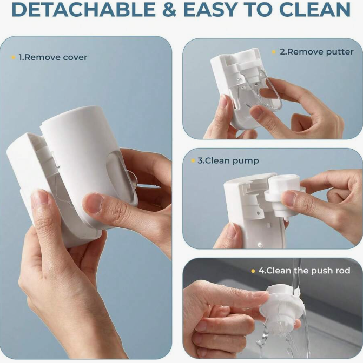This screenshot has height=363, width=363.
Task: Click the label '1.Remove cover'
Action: coord(52,57)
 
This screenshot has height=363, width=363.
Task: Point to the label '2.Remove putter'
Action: coord(316,52)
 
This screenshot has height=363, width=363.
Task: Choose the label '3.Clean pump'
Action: coord(229,160)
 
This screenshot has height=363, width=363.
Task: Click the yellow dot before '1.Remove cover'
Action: coord(13,57)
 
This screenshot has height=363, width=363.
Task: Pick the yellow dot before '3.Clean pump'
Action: coord(193,160)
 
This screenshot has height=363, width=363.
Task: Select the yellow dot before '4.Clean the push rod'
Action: coord(253,271)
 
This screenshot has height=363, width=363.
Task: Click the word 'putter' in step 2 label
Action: coord(339,52)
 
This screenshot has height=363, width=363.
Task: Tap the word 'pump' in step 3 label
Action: coord(248,160)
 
